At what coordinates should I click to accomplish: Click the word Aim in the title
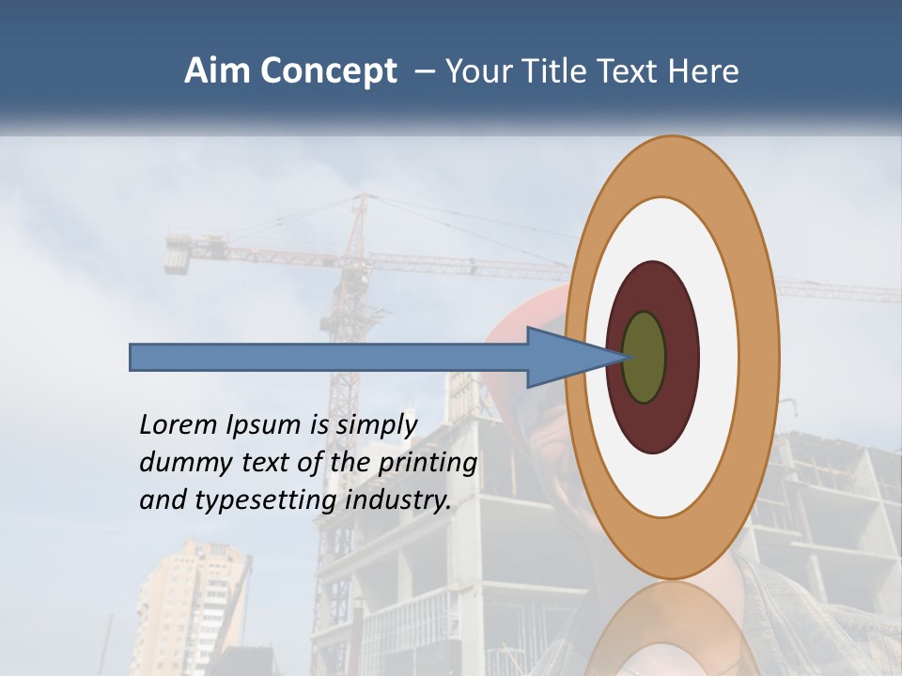(x=217, y=71)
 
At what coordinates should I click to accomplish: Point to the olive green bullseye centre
(x=645, y=357)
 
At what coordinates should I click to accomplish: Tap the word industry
(x=398, y=500)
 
